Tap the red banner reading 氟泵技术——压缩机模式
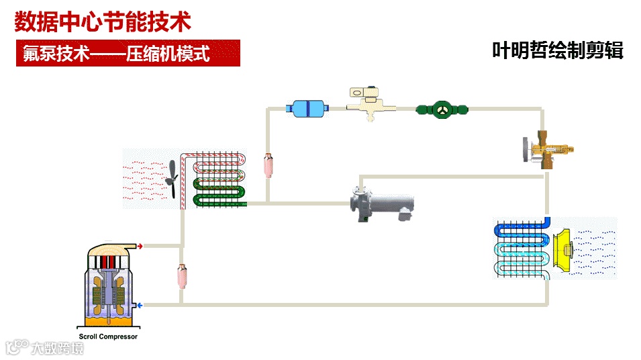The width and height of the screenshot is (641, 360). click(128, 53)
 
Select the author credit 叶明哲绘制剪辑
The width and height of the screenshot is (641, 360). click(558, 50)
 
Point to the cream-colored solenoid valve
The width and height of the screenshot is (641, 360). click(365, 103)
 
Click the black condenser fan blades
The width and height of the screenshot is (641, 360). click(172, 178)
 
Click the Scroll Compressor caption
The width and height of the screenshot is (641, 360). click(108, 336)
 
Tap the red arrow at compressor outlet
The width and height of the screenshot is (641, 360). click(140, 246)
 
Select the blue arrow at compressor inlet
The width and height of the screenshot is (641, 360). click(140, 306)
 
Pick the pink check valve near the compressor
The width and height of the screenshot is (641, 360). click(181, 275)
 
